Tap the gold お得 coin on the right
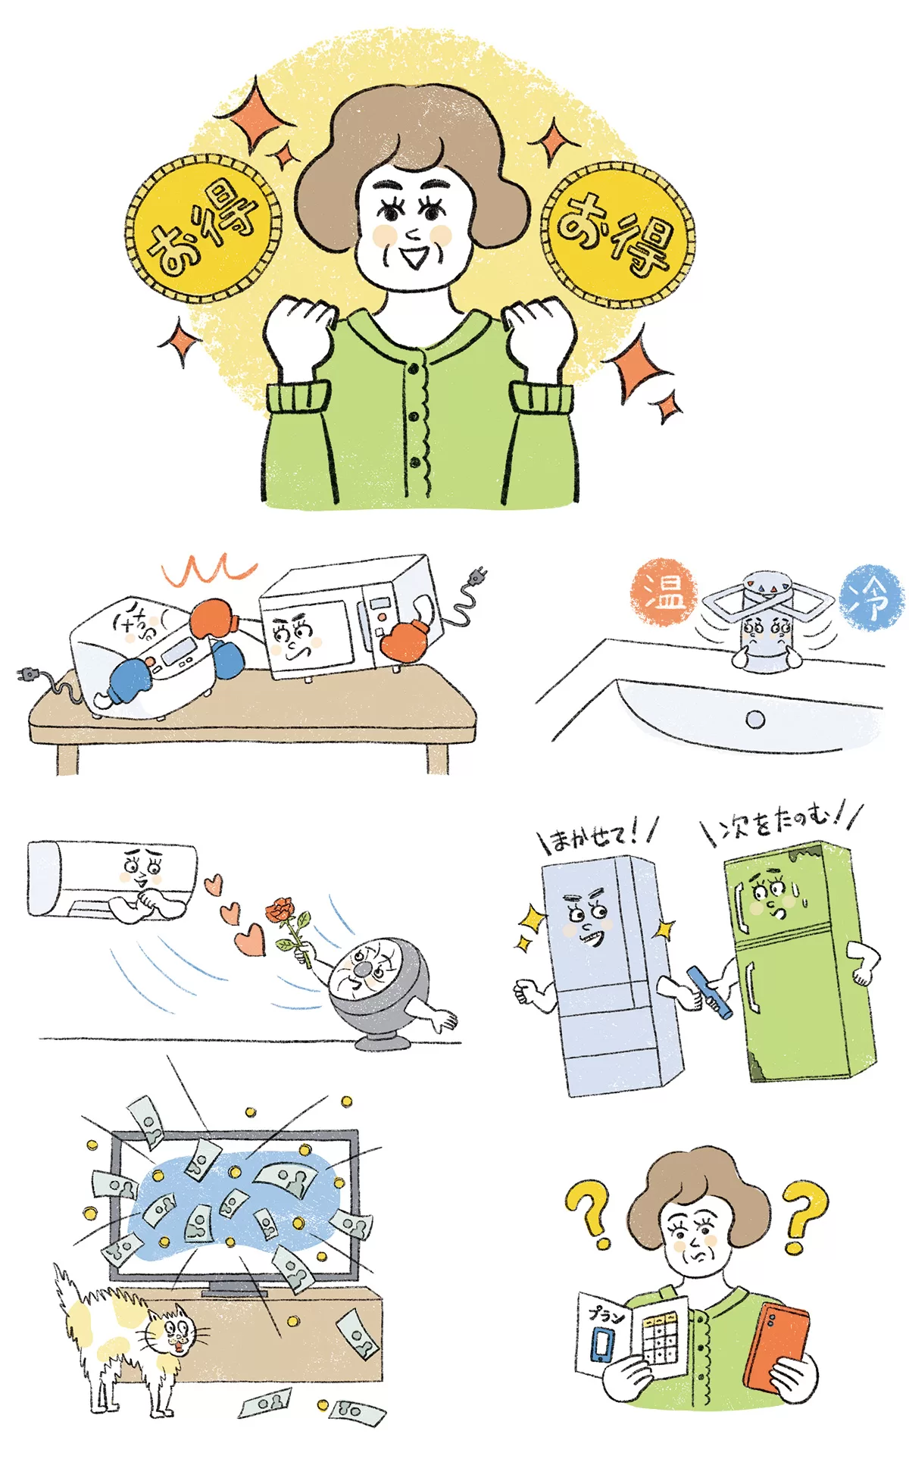617,234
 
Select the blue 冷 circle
872,597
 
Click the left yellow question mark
589,1214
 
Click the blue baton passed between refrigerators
710,992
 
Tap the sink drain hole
755,719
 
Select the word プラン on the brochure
606,1315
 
